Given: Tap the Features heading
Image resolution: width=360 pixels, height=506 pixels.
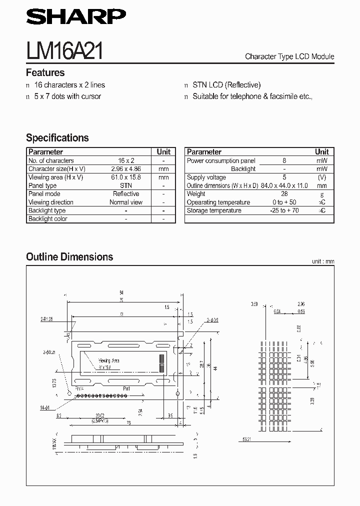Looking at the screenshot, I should pyautogui.click(x=45, y=72).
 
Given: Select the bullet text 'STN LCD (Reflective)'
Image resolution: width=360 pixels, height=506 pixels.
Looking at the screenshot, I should pyautogui.click(x=226, y=85).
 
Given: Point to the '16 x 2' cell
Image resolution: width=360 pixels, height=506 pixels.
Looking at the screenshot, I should pyautogui.click(x=126, y=160).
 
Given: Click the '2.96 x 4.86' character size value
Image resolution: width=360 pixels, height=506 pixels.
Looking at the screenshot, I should pyautogui.click(x=126, y=169).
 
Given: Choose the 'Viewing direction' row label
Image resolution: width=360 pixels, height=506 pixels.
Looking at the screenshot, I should pyautogui.click(x=51, y=202).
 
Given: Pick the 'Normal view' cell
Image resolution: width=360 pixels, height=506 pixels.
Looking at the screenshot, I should pyautogui.click(x=126, y=202).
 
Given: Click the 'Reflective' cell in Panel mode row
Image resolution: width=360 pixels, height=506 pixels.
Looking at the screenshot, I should pyautogui.click(x=126, y=193).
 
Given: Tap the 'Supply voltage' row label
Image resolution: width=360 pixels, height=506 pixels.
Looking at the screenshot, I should pyautogui.click(x=206, y=177).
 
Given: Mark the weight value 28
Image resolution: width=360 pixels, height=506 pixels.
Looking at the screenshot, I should pyautogui.click(x=284, y=193).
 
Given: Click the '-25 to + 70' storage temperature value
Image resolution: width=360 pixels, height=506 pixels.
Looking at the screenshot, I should pyautogui.click(x=284, y=210).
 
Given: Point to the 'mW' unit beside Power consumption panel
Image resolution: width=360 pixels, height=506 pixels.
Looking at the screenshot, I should pyautogui.click(x=322, y=160).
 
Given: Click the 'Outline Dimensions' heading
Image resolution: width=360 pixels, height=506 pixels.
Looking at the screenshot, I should pyautogui.click(x=69, y=257).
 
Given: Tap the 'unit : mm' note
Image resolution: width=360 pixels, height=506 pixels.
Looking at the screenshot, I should pyautogui.click(x=322, y=261).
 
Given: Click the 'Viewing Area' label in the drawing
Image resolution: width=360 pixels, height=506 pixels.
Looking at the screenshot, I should pyautogui.click(x=108, y=360).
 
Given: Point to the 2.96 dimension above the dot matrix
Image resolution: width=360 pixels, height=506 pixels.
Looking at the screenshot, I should pyautogui.click(x=301, y=303).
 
